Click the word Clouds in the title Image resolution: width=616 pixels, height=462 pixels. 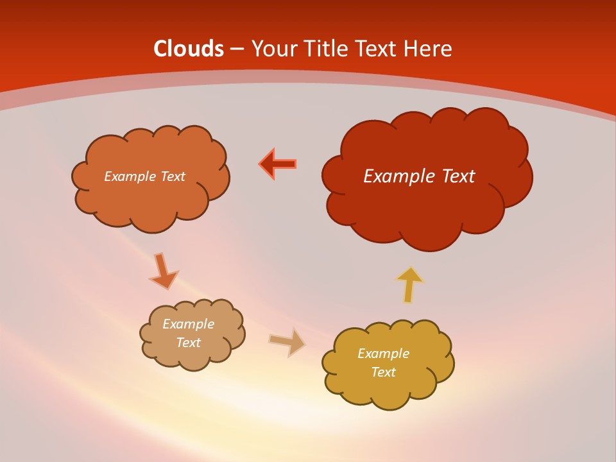(189, 49)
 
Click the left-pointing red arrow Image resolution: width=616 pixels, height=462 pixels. (278, 164)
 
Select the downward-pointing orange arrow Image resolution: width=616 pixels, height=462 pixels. (163, 271)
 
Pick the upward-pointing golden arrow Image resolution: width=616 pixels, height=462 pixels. (409, 284)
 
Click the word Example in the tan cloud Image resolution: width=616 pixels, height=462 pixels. (188, 324)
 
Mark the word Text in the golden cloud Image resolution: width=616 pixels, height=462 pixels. (383, 372)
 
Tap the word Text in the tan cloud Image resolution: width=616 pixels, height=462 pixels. (188, 343)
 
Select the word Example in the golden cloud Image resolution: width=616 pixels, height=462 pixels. (383, 354)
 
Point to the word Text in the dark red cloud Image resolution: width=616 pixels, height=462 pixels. (459, 176)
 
